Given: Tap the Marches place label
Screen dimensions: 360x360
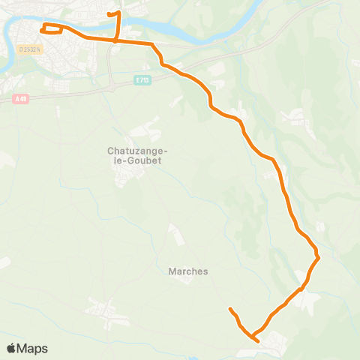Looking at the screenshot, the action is click(x=184, y=271).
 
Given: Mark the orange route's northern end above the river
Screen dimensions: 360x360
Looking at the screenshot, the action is click(x=109, y=14).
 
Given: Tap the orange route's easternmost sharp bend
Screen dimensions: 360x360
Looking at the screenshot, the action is click(x=319, y=257).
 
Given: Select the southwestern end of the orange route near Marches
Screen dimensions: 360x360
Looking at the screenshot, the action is click(x=230, y=309).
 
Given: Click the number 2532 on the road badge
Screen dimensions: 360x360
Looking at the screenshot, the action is click(x=31, y=49).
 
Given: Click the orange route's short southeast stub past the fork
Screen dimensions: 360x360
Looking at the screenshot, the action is click(x=256, y=340).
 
